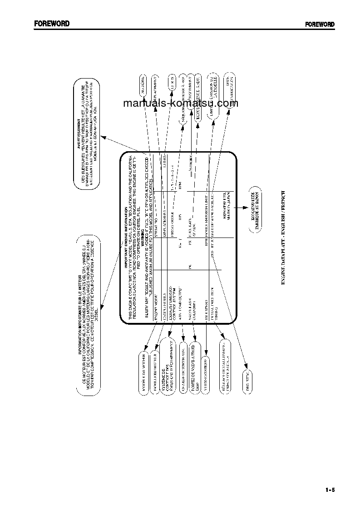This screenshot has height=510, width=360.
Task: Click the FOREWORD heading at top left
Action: (51, 24)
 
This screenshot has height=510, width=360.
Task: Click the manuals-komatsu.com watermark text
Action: (180, 103)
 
